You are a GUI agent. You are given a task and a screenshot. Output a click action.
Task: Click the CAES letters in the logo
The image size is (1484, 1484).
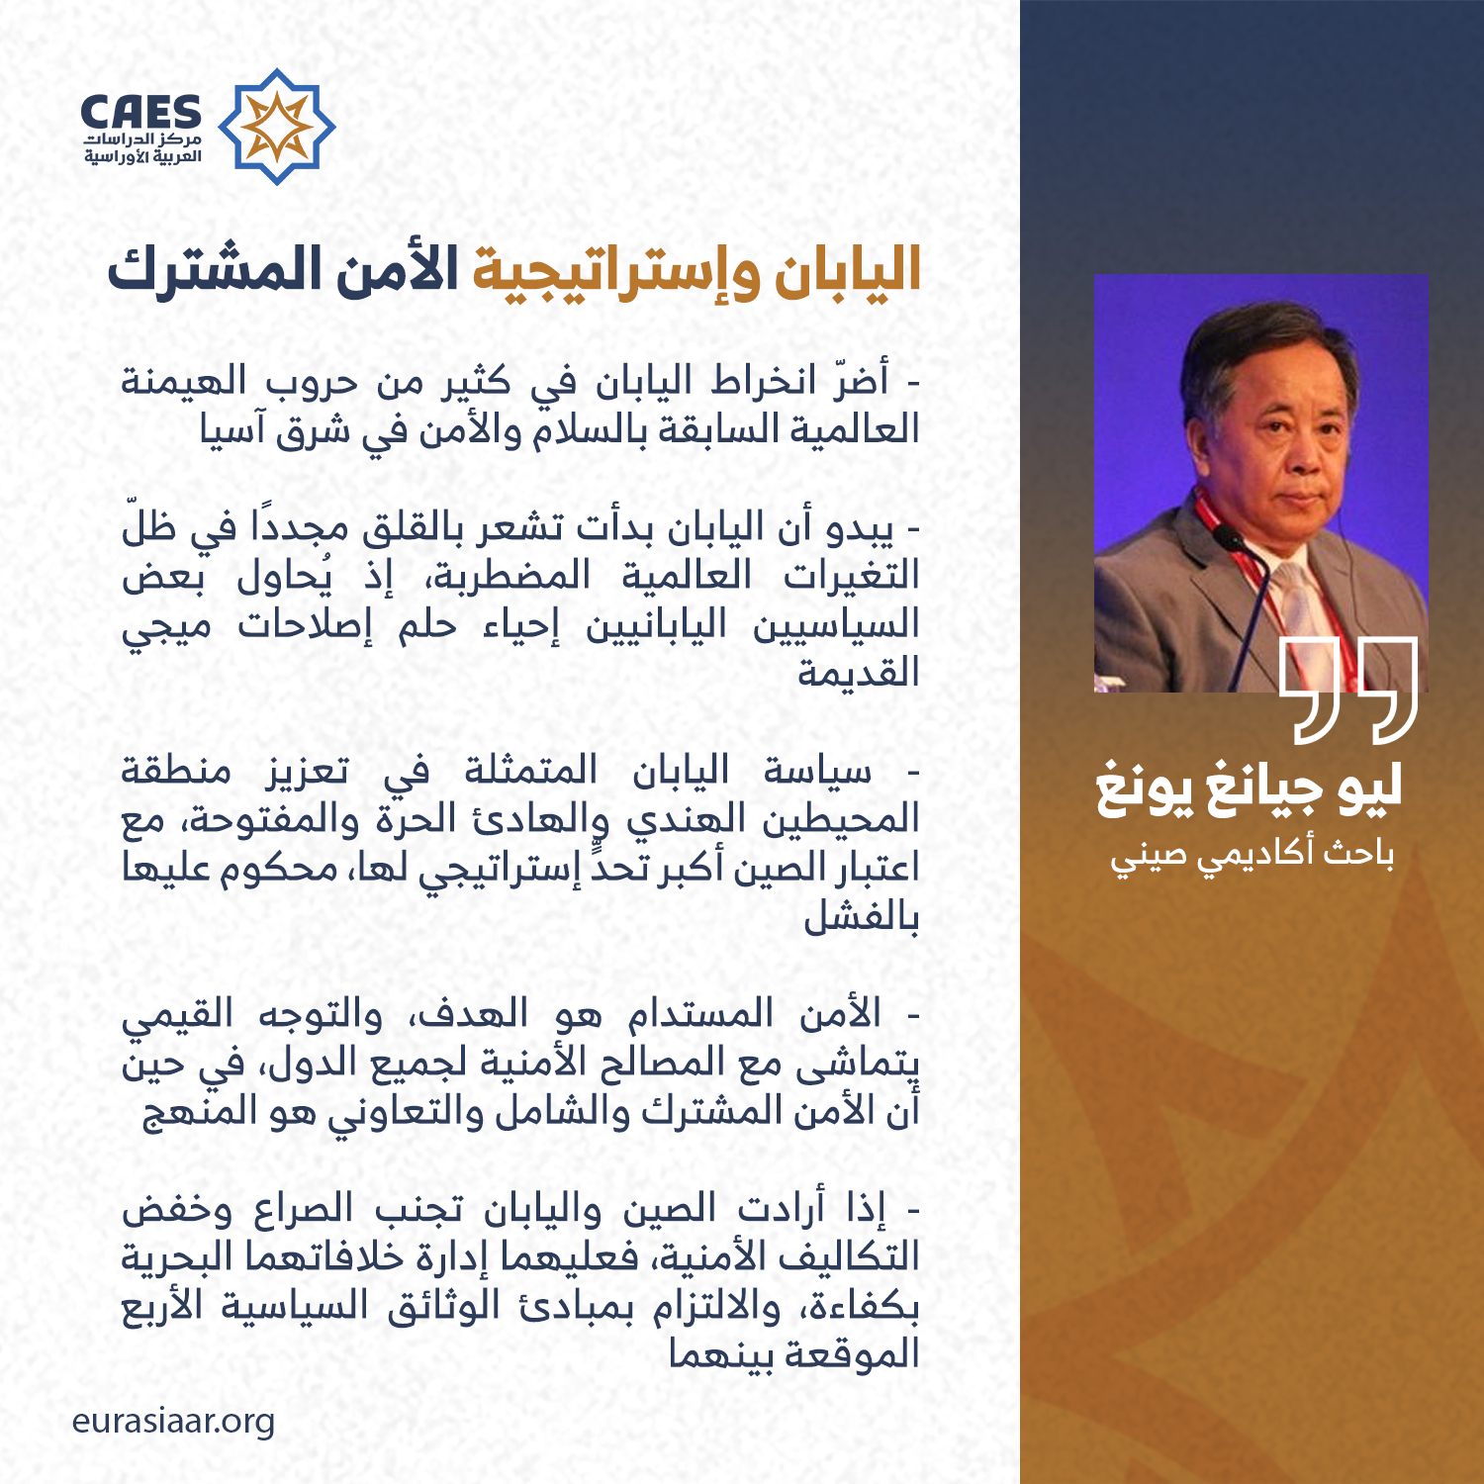pos(140,112)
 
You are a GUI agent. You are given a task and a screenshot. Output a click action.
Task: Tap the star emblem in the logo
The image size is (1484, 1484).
pos(277,127)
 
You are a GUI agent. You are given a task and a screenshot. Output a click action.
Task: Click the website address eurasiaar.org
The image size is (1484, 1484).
pos(173,1422)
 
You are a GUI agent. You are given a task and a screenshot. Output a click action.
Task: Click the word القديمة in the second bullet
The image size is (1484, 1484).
pos(859,673)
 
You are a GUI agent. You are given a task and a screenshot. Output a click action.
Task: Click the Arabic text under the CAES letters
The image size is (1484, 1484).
pos(142,148)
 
